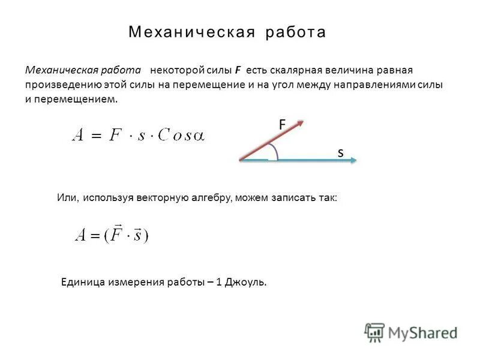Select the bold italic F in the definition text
(238, 70)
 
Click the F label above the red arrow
(282, 125)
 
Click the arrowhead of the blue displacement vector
(353, 160)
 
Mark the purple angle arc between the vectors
(273, 151)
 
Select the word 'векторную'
(165, 197)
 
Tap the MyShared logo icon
(375, 332)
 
